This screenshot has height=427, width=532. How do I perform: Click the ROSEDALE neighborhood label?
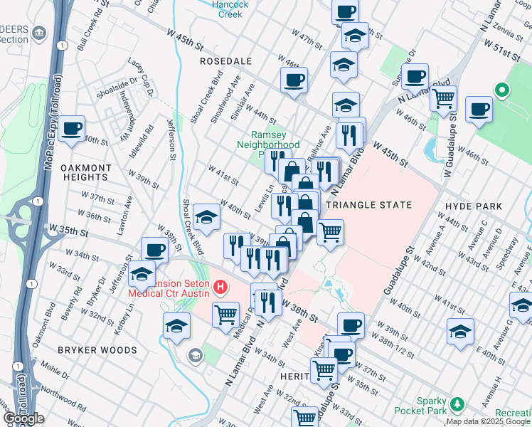tap(226, 62)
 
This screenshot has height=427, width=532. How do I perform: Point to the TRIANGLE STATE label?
tap(368, 205)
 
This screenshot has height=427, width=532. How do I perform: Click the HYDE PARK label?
tap(473, 206)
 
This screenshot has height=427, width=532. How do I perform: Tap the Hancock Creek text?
tap(230, 9)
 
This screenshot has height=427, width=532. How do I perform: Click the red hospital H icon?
tap(221, 288)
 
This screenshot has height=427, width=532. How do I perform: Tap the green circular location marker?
tap(501, 90)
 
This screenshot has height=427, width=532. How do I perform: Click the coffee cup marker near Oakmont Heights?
tap(72, 129)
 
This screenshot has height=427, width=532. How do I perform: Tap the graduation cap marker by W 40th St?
tap(206, 216)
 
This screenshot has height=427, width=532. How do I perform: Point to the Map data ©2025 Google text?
tap(488, 421)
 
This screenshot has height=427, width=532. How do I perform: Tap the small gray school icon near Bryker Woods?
tap(195, 354)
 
